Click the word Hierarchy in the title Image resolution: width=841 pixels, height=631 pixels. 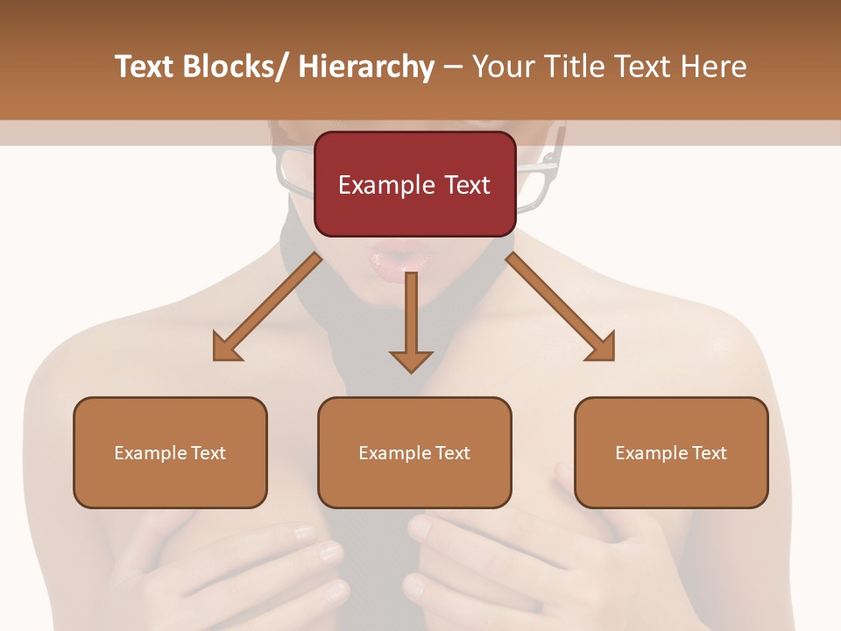(x=366, y=67)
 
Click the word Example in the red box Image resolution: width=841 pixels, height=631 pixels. (x=385, y=185)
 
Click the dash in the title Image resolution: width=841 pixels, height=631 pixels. (x=453, y=67)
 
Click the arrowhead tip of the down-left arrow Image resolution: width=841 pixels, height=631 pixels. (x=216, y=358)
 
